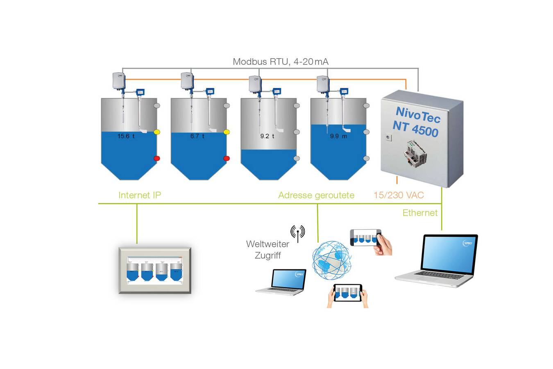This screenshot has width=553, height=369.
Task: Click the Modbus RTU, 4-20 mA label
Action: coord(281,62)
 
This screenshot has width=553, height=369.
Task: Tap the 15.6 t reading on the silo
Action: coord(126,136)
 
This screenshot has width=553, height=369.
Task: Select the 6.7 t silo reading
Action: coord(197,136)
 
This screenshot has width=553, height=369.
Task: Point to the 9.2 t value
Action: coord(267,136)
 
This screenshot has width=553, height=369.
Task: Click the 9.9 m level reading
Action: coord(338,136)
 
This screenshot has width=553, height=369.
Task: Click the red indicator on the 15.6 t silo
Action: coord(156,159)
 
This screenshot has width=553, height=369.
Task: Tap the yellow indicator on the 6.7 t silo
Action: coord(227,132)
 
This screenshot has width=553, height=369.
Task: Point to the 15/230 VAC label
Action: coord(399,195)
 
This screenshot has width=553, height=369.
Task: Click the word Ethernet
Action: coord(420,213)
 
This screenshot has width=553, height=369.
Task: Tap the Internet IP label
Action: coord(140,195)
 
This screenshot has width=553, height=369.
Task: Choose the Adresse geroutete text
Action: coord(316,195)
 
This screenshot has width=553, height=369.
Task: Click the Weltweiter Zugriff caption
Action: coord(267,249)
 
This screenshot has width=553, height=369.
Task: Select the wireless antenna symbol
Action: coord(298,232)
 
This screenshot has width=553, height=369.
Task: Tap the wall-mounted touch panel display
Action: coord(155,270)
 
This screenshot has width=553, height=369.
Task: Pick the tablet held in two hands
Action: coord(348,293)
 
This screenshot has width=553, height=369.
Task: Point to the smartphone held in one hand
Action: coord(365,238)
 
